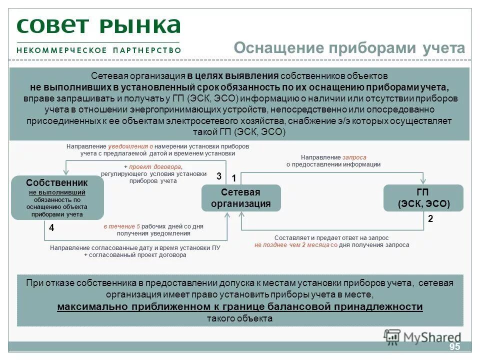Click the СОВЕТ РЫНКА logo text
coord(98,26)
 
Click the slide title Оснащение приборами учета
coord(349,48)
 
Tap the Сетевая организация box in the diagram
coord(241,198)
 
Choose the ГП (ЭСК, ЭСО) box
coord(423,198)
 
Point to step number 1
coord(233,178)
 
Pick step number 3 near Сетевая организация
coord(218,176)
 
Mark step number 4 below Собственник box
coord(51,227)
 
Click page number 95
coord(454,347)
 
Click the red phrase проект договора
coord(155,166)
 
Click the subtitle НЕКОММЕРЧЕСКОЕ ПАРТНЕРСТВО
coord(98,50)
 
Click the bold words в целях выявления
coord(233,76)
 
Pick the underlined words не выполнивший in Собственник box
coord(56,192)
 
